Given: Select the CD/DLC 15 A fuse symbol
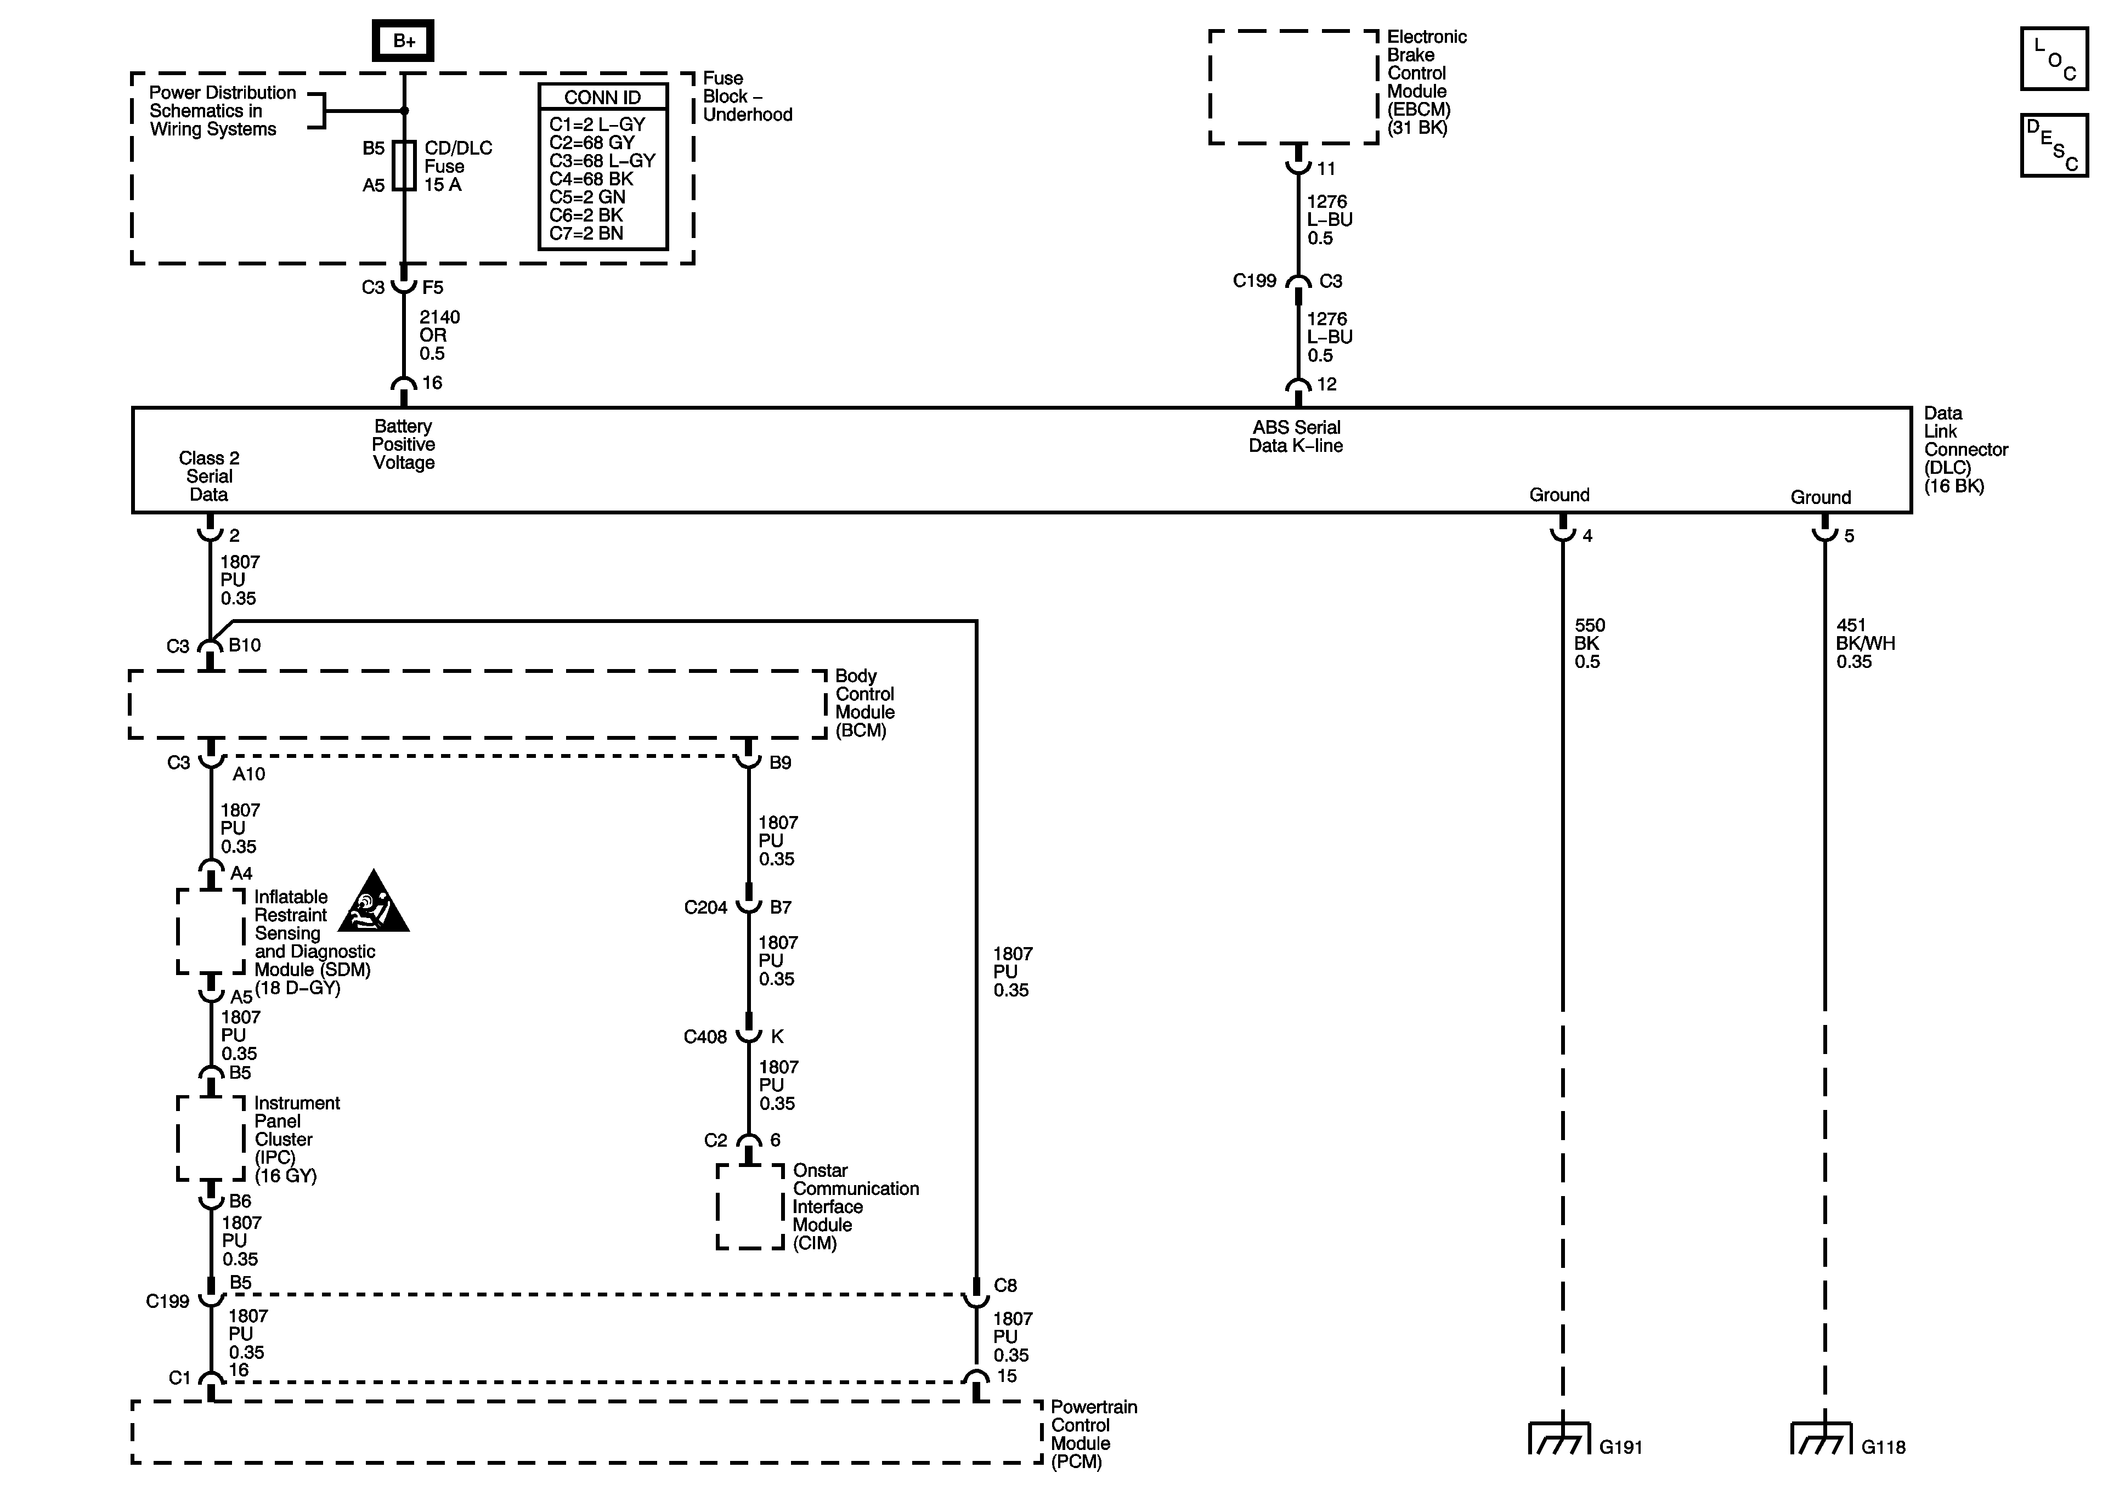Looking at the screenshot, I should tap(404, 166).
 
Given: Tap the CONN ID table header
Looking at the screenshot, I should tap(602, 97).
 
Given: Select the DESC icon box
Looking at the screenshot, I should tap(2054, 145).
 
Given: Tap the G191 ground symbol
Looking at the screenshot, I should tap(1561, 1438).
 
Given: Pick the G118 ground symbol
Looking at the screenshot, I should tap(1822, 1438).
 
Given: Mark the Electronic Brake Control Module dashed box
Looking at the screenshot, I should tap(1293, 87).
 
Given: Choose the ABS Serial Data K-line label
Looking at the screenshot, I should tap(1296, 436).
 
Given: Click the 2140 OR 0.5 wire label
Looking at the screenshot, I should tap(439, 335).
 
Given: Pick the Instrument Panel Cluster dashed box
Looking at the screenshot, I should tap(211, 1138).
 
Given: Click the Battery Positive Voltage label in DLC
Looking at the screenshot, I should tap(404, 444).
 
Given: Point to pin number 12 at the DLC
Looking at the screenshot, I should tap(1326, 384).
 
